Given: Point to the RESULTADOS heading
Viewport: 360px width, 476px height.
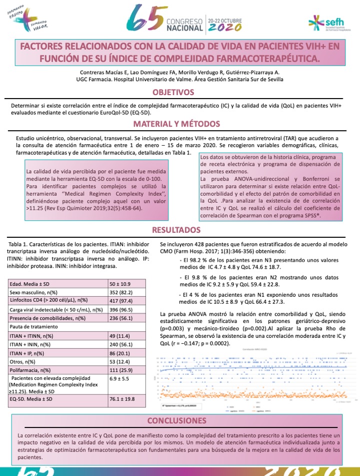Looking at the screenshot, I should [179, 230].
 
